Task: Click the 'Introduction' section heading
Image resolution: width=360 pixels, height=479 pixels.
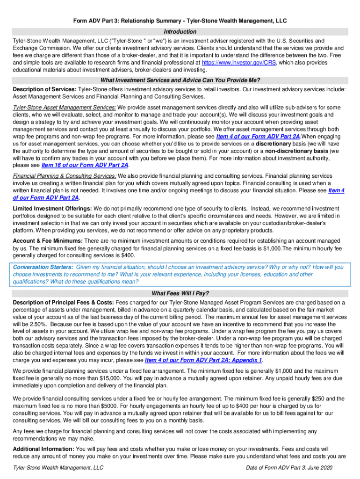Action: (x=180, y=32)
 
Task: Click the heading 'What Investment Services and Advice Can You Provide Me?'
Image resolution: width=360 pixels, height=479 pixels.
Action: (x=180, y=80)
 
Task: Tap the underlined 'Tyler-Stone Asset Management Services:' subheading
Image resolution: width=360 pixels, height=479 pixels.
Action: (x=65, y=107)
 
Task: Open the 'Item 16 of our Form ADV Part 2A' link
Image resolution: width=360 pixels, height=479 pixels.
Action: (x=85, y=165)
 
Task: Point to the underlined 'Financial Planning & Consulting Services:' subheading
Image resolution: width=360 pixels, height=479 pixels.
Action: (x=65, y=176)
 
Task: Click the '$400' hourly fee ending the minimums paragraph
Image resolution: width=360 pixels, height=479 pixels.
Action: (x=128, y=255)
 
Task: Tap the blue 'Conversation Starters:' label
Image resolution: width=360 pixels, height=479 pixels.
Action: (x=43, y=267)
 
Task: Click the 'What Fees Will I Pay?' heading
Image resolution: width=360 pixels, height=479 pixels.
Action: (x=180, y=294)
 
